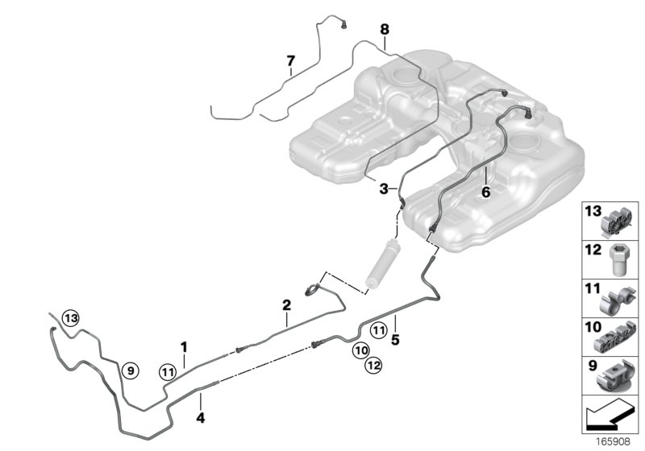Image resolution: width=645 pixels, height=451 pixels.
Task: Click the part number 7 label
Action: pos(290,60)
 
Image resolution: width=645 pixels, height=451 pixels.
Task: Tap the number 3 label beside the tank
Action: pos(385,188)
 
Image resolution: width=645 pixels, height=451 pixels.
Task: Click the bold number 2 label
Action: pos(285,305)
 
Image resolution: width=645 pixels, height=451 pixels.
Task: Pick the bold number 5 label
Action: pos(395,340)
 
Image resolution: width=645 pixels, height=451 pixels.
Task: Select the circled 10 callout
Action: pos(360,350)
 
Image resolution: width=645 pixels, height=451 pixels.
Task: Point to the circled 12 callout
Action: pos(372,366)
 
